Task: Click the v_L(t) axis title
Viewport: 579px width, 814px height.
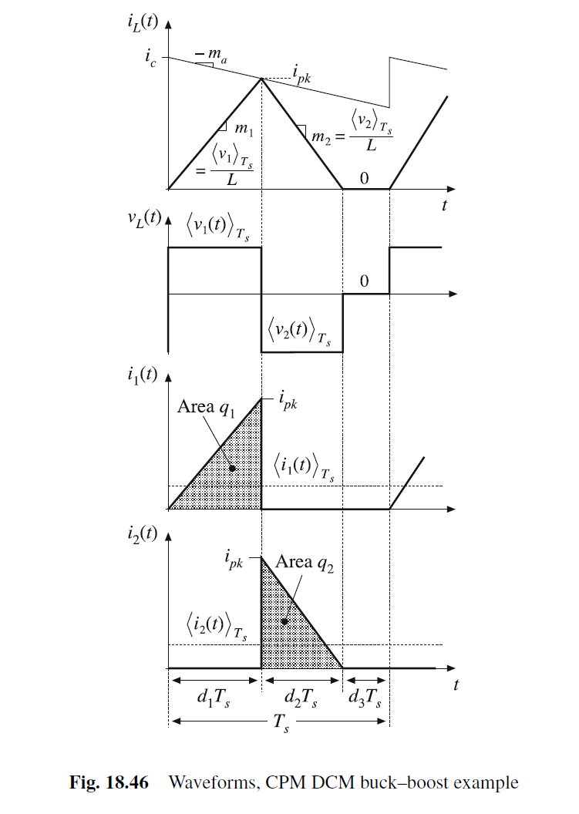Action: tap(141, 217)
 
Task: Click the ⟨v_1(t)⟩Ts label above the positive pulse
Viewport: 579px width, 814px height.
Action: tap(217, 228)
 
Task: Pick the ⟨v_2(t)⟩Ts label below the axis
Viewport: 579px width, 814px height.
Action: tap(302, 331)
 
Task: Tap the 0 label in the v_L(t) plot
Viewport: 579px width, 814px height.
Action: tap(365, 282)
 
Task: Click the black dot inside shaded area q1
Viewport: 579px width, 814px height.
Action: tap(231, 468)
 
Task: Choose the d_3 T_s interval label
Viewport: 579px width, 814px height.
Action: tap(366, 700)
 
